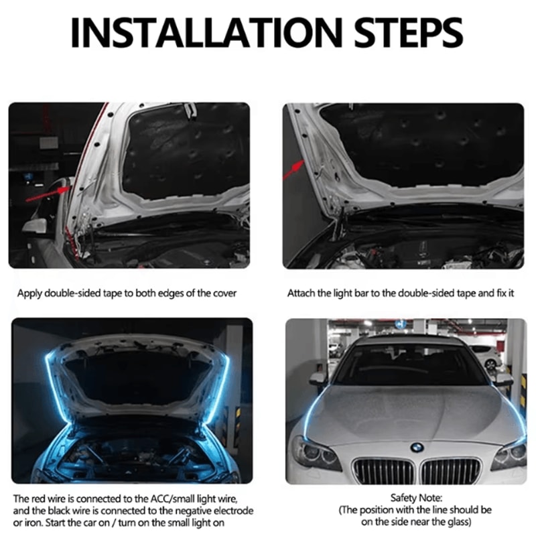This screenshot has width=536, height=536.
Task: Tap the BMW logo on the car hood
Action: pyautogui.click(x=417, y=447)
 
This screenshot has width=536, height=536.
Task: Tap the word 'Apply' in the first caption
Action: pyautogui.click(x=29, y=293)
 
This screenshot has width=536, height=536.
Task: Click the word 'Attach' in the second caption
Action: pyautogui.click(x=301, y=293)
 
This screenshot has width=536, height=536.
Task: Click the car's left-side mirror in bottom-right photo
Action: pyautogui.click(x=318, y=379)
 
